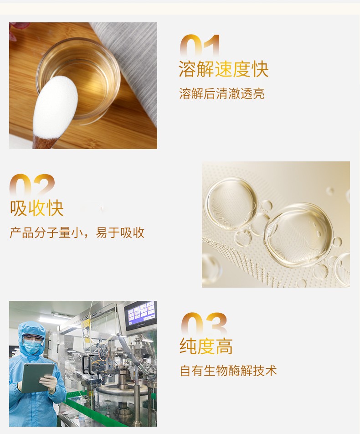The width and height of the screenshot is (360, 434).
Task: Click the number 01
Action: (200, 46)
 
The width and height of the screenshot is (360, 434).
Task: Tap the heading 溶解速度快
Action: (224, 69)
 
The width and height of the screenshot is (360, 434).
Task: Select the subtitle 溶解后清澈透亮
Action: (221, 93)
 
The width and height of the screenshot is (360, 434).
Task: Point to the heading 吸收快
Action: (37, 208)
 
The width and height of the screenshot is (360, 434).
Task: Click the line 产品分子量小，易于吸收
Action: (77, 232)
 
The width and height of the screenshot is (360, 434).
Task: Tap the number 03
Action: (204, 324)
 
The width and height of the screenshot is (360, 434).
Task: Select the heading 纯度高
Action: (206, 346)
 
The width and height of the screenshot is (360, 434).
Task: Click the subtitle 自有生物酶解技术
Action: (228, 371)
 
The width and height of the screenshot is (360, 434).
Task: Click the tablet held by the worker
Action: (37, 377)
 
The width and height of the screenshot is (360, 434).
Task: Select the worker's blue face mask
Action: (31, 346)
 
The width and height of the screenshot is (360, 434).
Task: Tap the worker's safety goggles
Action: (32, 337)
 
